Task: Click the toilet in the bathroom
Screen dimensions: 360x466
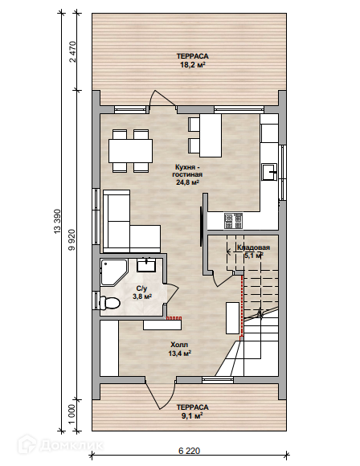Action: [x=109, y=303]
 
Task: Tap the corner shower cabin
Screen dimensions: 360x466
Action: [x=113, y=272]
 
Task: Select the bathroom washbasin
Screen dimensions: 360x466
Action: [x=146, y=264]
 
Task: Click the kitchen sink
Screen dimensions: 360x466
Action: [x=269, y=172]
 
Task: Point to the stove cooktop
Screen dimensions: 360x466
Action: [x=233, y=221]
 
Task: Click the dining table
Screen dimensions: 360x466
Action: [x=130, y=150]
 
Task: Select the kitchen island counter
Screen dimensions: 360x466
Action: [x=211, y=136]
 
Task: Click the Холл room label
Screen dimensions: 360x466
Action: [x=179, y=345]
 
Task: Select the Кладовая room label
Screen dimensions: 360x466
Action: [x=253, y=247]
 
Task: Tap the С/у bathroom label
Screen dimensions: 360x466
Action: [x=141, y=288]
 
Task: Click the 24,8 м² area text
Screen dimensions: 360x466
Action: [x=187, y=182]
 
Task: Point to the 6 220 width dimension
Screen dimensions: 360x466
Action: [x=190, y=451]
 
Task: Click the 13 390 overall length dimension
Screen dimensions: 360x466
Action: [x=57, y=221]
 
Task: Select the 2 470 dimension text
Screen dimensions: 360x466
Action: [x=72, y=51]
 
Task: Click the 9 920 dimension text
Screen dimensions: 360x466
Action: [x=72, y=240]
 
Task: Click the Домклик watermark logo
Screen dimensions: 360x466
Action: [x=60, y=445]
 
